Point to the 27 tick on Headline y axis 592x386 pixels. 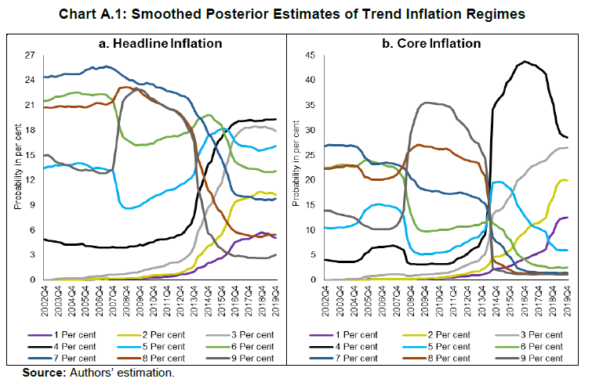point(31,55)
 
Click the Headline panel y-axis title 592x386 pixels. point(16,167)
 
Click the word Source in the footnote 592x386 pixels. point(42,372)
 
